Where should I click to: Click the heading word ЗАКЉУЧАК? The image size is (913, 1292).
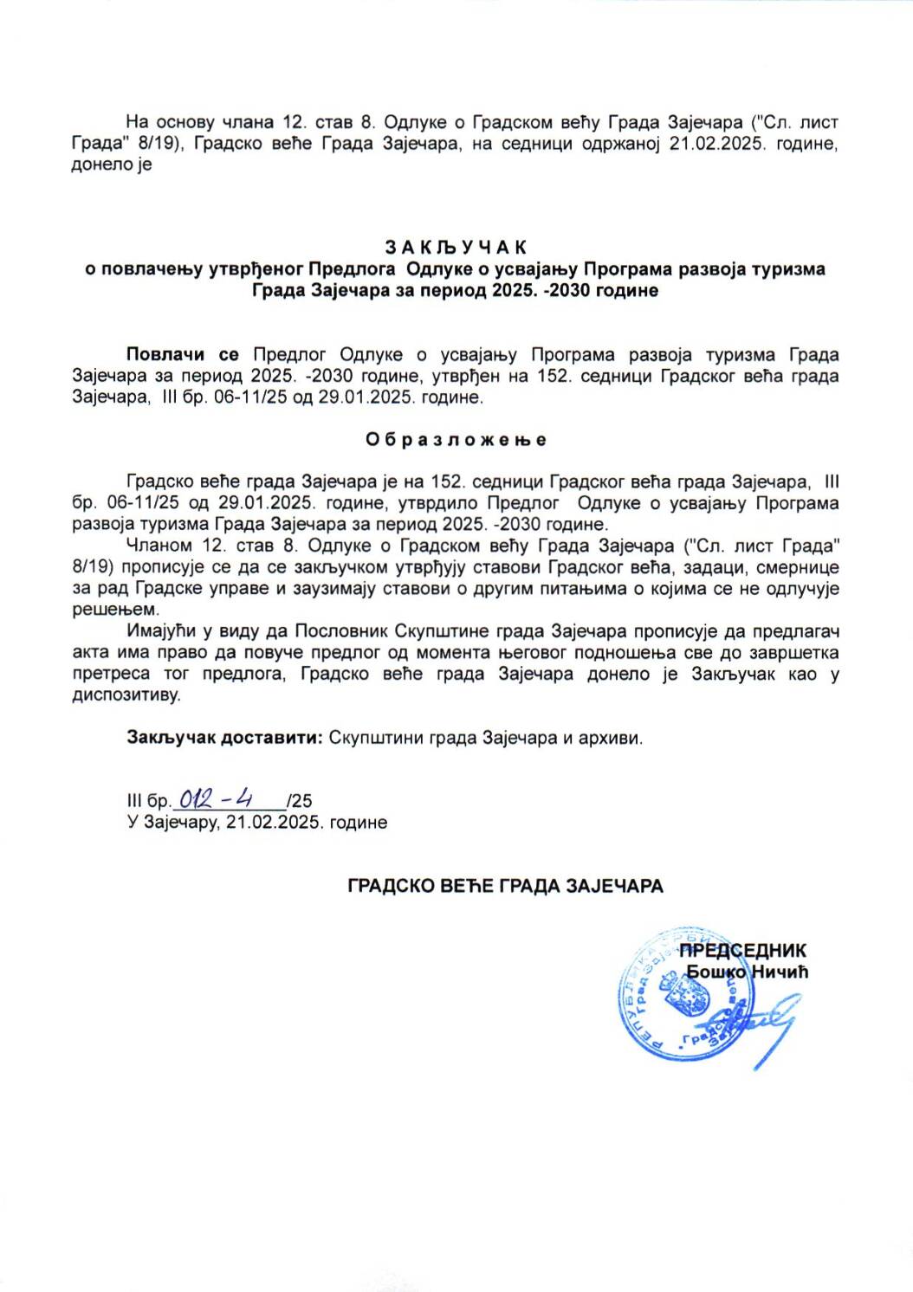tap(456, 248)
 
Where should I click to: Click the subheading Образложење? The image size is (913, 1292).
tap(456, 440)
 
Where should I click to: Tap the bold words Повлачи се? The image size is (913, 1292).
tap(182, 355)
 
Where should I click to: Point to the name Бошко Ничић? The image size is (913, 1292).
tap(747, 972)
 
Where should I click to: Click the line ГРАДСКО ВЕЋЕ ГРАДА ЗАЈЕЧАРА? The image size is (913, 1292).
tap(505, 886)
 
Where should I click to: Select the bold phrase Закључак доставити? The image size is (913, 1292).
tap(225, 739)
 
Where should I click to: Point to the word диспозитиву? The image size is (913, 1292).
tap(126, 695)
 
